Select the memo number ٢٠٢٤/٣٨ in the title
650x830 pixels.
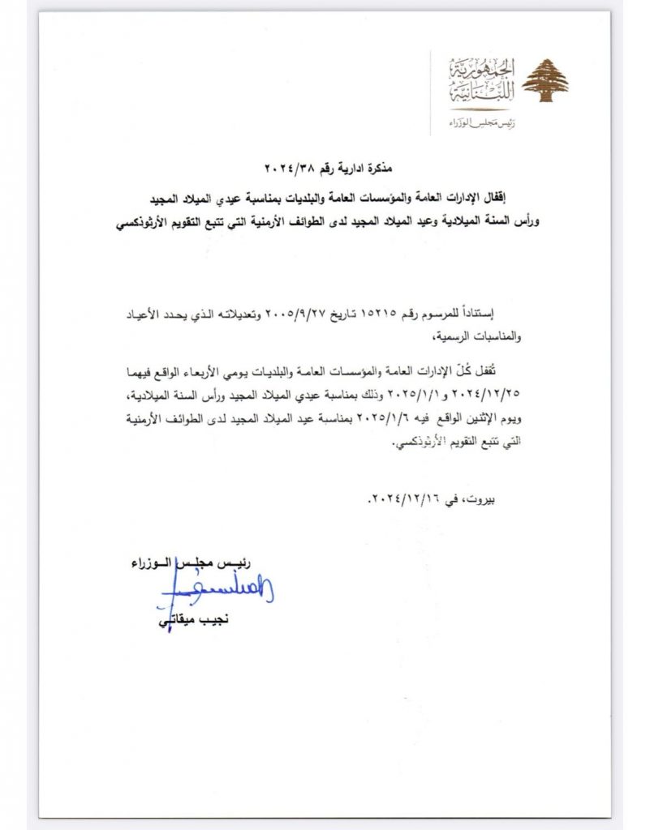coord(287,169)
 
